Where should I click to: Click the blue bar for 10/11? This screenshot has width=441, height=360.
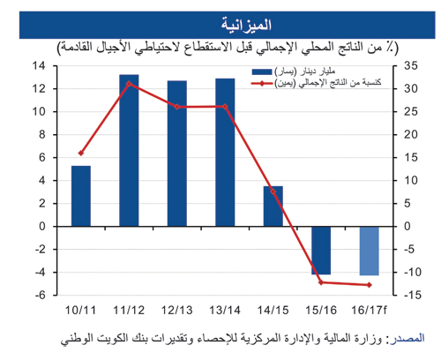click(81, 196)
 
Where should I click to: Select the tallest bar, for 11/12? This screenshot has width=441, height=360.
click(129, 150)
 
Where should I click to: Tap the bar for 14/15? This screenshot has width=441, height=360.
click(273, 206)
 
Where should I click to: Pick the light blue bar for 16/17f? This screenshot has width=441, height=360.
click(370, 251)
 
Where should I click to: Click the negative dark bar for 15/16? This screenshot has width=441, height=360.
click(321, 251)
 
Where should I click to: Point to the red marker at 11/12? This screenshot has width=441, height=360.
click(129, 84)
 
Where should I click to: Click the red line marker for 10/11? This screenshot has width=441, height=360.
click(81, 153)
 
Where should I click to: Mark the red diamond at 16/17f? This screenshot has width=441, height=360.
click(370, 285)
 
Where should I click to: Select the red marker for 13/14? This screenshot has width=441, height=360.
click(225, 107)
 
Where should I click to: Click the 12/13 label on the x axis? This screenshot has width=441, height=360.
click(177, 311)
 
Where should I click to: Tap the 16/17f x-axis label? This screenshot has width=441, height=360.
click(370, 311)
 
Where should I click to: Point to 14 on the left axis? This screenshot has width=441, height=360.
click(39, 65)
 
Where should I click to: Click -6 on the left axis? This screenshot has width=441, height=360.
click(41, 295)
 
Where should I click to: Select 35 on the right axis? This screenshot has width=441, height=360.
click(410, 65)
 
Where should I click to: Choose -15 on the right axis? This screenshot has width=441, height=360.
click(413, 295)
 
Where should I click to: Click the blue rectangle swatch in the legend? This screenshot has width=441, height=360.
click(262, 71)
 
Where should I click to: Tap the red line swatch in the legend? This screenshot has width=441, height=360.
click(262, 84)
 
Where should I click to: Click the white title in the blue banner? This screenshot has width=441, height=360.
click(246, 25)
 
